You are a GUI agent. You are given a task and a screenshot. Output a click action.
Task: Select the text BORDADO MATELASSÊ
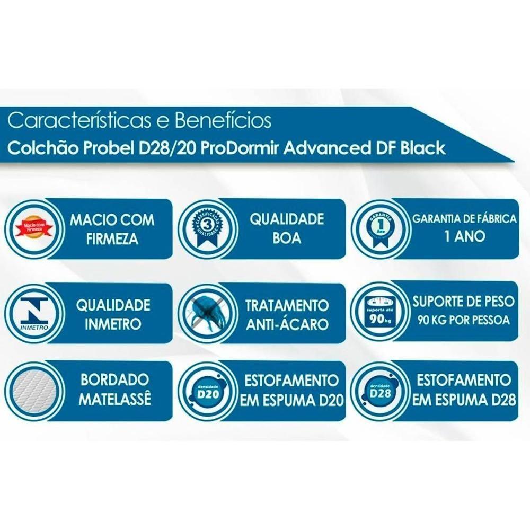click(x=114, y=390)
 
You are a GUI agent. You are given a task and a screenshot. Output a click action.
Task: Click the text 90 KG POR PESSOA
click(x=464, y=320)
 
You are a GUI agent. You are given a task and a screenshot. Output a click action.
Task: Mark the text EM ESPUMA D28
click(x=464, y=400)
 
